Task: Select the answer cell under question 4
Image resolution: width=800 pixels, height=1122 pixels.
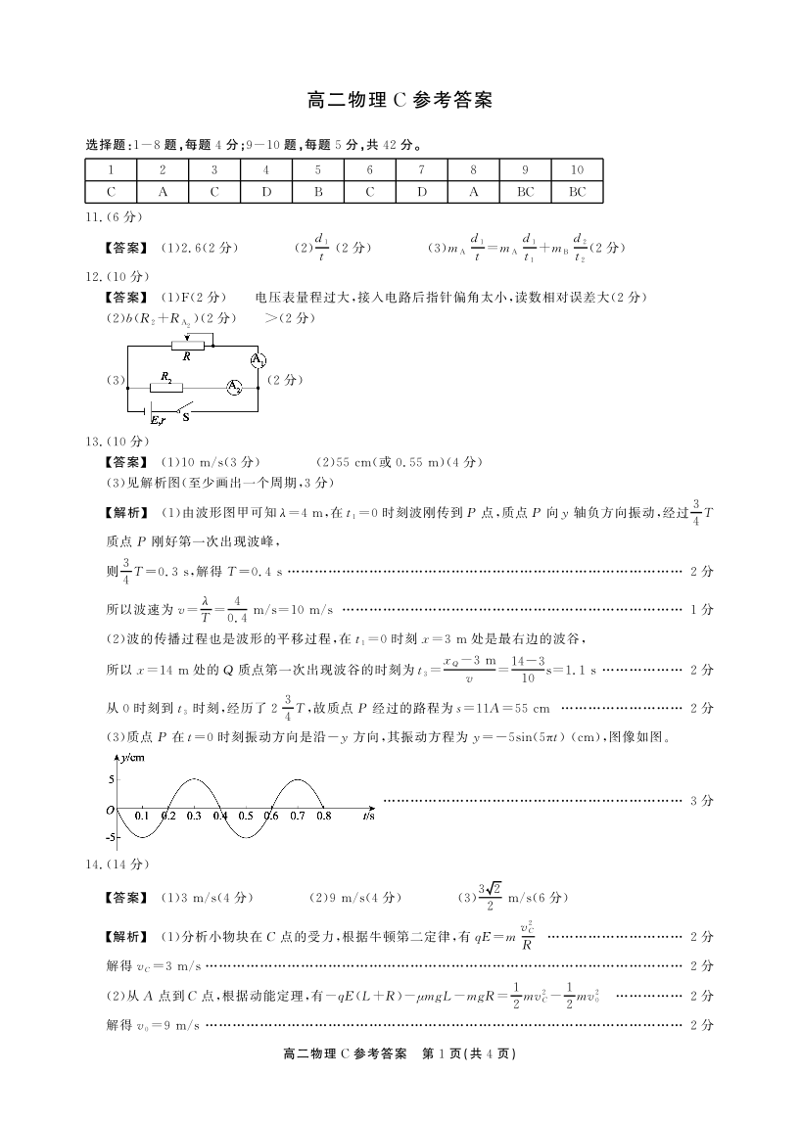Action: click(x=266, y=192)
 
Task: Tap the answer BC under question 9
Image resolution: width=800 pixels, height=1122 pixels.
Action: click(x=526, y=192)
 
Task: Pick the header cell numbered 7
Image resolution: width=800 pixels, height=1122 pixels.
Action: click(x=422, y=169)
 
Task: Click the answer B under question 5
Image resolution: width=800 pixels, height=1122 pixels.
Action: click(x=318, y=192)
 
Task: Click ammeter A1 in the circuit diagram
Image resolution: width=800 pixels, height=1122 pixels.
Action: click(x=258, y=359)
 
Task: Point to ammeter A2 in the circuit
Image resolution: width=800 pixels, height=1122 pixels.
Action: click(x=235, y=387)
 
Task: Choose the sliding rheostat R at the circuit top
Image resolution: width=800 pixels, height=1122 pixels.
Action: click(x=188, y=345)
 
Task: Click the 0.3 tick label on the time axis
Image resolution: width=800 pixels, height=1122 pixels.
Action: click(x=193, y=815)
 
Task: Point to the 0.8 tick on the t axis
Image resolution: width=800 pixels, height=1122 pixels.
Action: click(x=323, y=815)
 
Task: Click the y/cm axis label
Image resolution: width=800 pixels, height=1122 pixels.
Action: click(x=118, y=757)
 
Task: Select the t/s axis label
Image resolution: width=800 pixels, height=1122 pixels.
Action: click(x=368, y=815)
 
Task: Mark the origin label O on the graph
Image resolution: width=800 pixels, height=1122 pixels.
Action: click(x=110, y=811)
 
